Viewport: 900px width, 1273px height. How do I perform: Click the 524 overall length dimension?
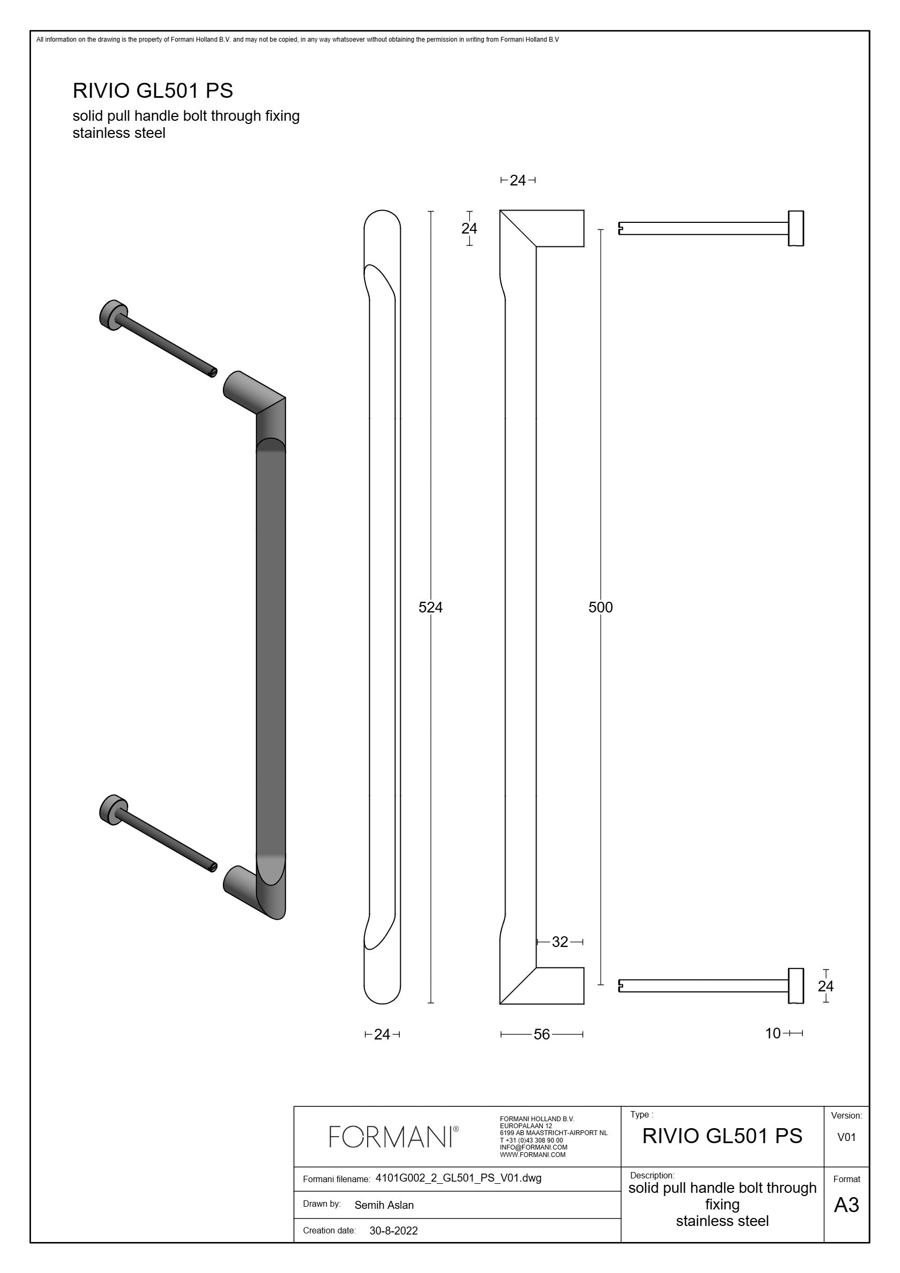[430, 607]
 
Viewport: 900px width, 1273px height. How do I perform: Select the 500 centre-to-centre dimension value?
[601, 607]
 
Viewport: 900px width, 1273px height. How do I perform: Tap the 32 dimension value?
[560, 942]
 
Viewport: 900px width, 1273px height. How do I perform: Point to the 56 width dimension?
[542, 1034]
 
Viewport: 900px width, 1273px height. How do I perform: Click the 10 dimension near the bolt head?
[773, 1033]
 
